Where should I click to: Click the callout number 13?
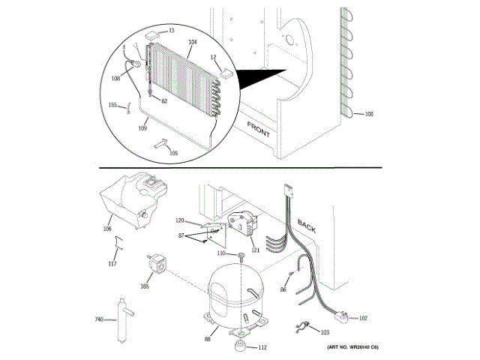click(x=171, y=31)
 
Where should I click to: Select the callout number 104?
click(x=193, y=42)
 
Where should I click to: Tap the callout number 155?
click(x=112, y=104)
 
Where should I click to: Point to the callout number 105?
click(x=174, y=154)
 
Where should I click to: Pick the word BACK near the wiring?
click(x=307, y=226)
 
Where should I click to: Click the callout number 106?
click(x=106, y=230)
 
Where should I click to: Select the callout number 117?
click(x=112, y=263)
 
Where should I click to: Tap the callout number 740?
click(x=98, y=319)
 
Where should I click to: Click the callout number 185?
click(x=144, y=286)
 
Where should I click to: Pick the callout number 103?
click(x=324, y=331)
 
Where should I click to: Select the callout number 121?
click(x=254, y=250)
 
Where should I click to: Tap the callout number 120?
click(x=179, y=220)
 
